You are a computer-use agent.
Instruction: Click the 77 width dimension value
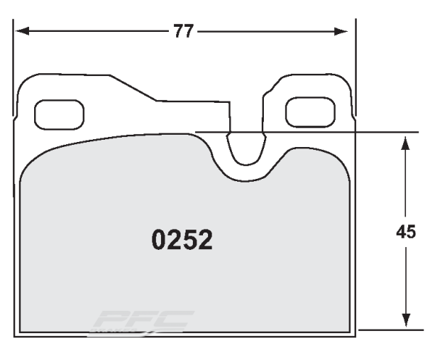[x=184, y=31]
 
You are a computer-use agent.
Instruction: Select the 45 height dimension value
[x=407, y=232]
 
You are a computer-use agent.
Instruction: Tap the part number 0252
[x=182, y=240]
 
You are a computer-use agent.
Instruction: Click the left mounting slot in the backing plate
[x=59, y=112]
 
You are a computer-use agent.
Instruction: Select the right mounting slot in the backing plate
[x=309, y=112]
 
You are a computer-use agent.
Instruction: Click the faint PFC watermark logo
[x=145, y=321]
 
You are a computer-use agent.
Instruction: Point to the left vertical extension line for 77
[x=14, y=65]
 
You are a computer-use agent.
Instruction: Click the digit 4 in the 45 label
[x=402, y=232]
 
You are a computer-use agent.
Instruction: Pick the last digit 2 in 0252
[x=205, y=240]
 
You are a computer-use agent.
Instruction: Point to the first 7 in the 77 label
[x=178, y=31]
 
